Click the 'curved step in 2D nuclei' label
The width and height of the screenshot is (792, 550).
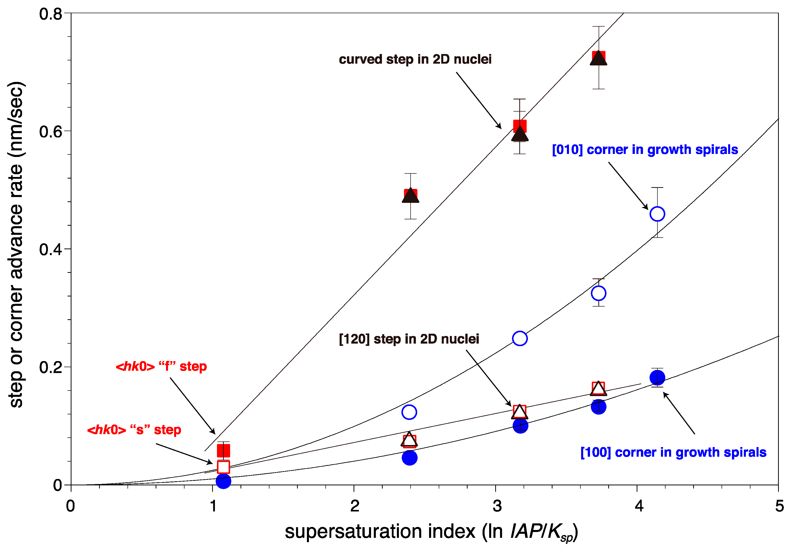pos(415,59)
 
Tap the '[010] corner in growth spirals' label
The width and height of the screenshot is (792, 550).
pos(644,150)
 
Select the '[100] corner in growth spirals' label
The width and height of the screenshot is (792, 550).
pos(673,452)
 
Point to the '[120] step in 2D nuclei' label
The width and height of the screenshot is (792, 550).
pos(409,339)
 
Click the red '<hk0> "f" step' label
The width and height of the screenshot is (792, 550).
pos(161,366)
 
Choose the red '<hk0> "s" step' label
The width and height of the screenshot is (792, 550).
pos(134,430)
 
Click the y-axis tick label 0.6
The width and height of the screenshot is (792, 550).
pos(50,131)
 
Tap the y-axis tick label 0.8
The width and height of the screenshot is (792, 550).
pos(50,14)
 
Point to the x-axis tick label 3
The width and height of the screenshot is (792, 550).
pos(496,506)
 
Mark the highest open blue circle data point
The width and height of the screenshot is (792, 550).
pos(657,214)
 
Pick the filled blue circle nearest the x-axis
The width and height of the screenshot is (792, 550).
pos(223,481)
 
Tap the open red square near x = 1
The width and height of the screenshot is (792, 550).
pos(223,467)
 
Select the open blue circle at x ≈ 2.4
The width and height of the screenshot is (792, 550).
pos(409,412)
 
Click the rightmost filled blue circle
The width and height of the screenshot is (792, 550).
pos(657,377)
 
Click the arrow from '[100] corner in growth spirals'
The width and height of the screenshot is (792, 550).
pos(678,413)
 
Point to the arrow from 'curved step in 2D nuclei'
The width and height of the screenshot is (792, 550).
pos(479,100)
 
